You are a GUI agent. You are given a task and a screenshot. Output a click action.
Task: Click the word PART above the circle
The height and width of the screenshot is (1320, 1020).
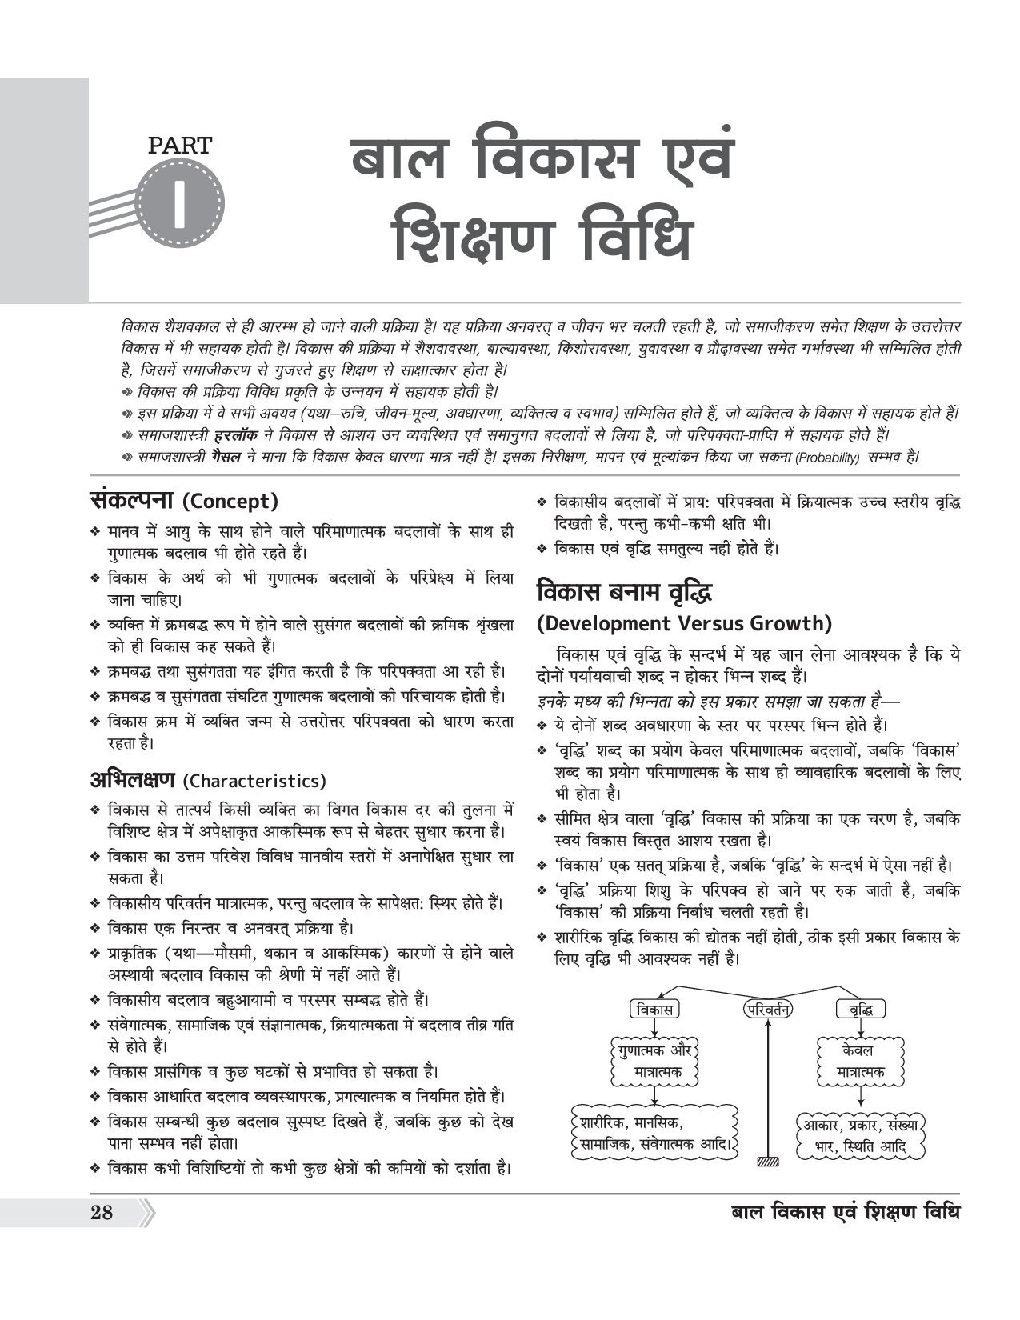point(180,145)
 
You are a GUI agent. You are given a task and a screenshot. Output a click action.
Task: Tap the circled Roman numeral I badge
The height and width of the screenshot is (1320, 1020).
point(179,201)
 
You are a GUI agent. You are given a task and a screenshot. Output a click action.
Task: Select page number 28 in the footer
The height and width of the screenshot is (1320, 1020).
point(102,1212)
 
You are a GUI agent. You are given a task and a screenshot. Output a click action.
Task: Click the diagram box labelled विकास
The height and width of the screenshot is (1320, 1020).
point(654,1009)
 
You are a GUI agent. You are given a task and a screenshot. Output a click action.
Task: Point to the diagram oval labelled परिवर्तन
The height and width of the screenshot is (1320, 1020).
point(766,1009)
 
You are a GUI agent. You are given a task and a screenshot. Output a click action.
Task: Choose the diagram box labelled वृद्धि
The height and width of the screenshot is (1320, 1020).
point(860,1009)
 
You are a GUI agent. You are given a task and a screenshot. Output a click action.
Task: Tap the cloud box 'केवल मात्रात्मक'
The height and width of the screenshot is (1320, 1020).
point(860,1060)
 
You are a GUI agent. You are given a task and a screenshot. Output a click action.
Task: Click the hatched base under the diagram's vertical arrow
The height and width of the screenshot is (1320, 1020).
point(768,1160)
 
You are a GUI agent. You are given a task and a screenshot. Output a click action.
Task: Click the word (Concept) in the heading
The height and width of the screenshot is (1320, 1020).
point(230,502)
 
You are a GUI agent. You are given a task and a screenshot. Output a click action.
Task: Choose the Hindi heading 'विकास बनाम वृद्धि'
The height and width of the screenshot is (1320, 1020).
point(625,593)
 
